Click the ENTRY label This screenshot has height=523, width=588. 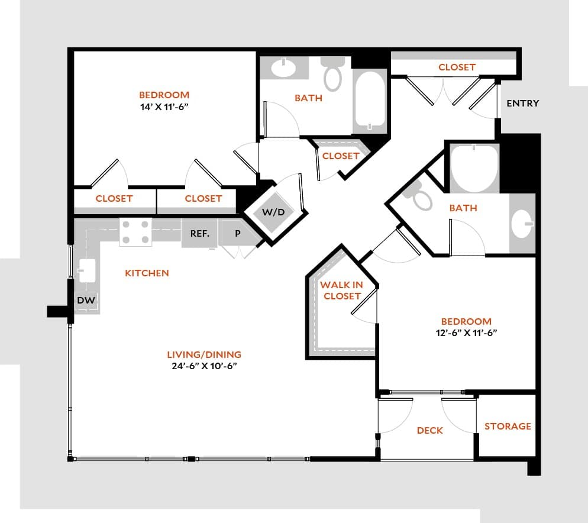coord(522,104)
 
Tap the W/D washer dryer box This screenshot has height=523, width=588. coord(273,211)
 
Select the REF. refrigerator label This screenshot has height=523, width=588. coord(199,233)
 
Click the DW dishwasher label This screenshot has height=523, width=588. coord(86,301)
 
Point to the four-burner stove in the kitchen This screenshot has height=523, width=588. coord(135,232)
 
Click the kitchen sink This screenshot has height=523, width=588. coord(86,272)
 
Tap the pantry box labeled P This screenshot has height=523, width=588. coord(238,233)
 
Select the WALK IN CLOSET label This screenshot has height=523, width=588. coord(341,290)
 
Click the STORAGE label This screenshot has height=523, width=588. coord(508,426)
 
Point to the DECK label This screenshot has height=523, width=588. coord(429,430)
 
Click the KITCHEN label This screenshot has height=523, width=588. coord(147,273)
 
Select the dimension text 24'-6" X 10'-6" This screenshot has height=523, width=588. coord(204,366)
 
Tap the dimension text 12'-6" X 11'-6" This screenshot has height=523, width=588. coord(466,332)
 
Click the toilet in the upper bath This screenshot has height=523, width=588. coord(333,74)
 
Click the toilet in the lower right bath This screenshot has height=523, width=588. coord(421,198)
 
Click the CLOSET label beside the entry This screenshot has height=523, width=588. coord(457,67)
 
